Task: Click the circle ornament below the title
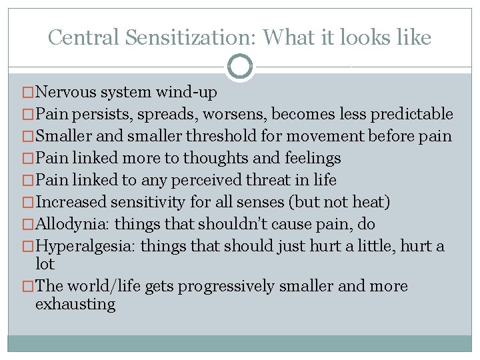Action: [240, 67]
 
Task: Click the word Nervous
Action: [66, 92]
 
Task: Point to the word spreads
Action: [168, 114]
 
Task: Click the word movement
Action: [321, 136]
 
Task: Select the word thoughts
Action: [213, 158]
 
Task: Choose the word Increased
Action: [73, 202]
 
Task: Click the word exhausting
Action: [75, 305]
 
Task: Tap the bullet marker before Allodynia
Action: [28, 224]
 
